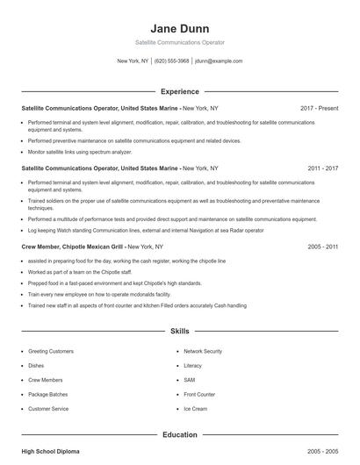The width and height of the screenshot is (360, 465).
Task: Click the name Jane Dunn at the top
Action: [179, 27]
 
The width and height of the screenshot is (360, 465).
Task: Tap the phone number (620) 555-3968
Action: [171, 61]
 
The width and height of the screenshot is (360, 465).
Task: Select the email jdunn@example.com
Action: [219, 61]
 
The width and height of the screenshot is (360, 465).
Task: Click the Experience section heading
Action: [179, 91]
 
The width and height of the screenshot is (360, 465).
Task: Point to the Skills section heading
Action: [179, 332]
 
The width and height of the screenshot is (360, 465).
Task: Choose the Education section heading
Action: [179, 433]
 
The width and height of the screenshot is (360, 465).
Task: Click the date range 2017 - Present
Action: [319, 108]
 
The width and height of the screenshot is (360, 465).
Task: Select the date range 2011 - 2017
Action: [320, 167]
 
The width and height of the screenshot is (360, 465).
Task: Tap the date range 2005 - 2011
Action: [320, 247]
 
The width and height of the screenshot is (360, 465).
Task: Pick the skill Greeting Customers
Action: [52, 351]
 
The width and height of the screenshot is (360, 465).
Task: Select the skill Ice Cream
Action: [195, 409]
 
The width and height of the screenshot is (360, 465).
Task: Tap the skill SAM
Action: [189, 380]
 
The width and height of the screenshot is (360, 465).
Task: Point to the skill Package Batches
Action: [49, 394]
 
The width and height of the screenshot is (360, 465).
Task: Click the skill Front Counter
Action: [199, 394]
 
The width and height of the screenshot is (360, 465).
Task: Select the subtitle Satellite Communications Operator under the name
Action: [179, 42]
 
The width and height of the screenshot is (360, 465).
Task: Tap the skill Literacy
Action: [193, 365]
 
